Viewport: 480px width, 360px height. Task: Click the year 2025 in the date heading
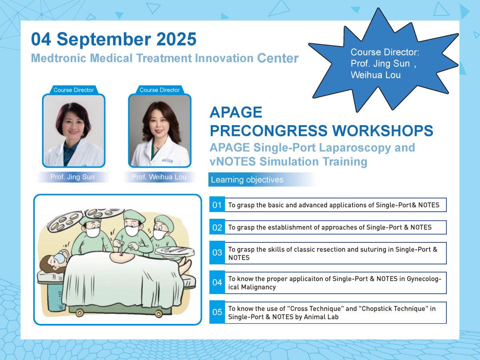coord(176,39)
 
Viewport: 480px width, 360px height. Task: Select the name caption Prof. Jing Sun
coord(72,177)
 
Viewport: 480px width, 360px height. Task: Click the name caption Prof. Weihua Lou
coord(159,177)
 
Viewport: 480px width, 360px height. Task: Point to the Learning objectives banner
coord(262,180)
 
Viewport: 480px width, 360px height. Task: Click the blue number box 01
coord(217,205)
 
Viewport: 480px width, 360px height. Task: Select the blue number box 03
coord(217,253)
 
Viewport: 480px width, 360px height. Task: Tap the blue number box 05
coord(217,312)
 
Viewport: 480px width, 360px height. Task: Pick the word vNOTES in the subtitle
coord(233,162)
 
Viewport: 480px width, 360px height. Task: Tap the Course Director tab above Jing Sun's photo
coord(74,90)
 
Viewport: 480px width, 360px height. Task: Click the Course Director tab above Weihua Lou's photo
coord(160,90)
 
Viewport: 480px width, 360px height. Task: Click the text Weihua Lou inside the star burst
coord(376,75)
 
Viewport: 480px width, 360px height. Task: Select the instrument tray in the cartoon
coord(175,252)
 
